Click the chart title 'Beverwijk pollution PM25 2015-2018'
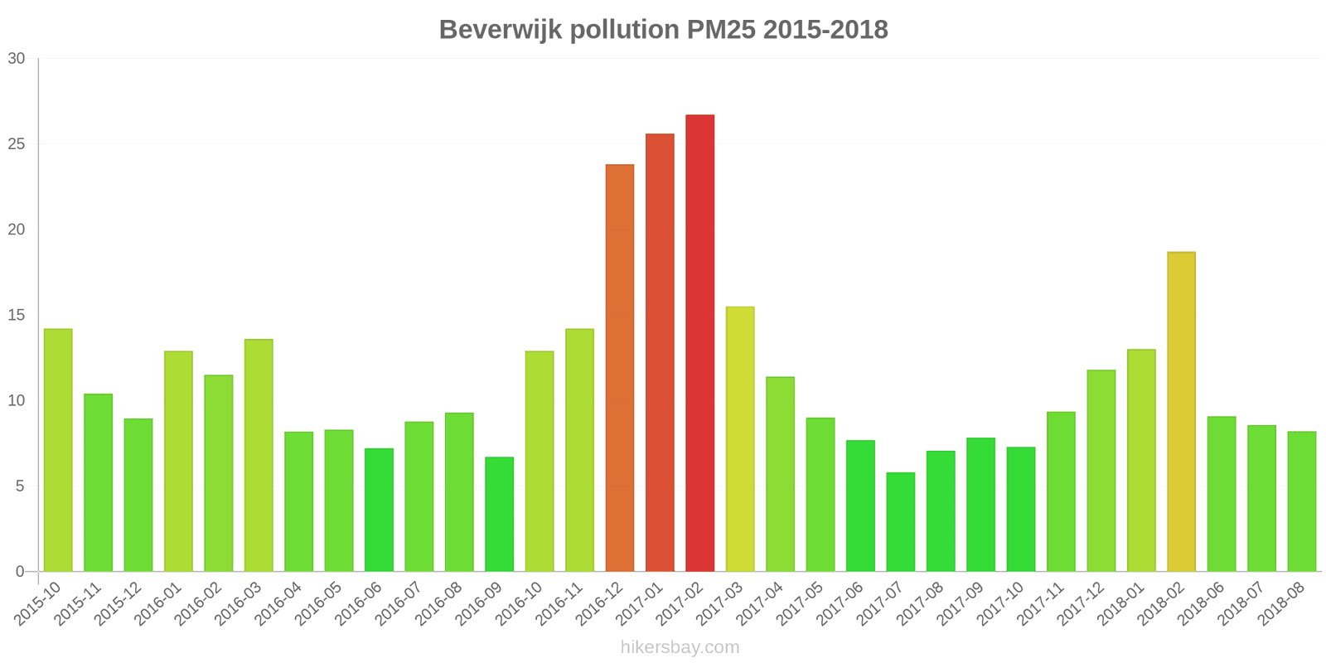point(663,30)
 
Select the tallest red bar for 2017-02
point(699,343)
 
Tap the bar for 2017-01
point(660,352)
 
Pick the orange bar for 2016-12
point(620,368)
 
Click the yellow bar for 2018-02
point(1181,412)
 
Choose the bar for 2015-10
point(58,450)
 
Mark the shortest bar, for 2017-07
point(900,522)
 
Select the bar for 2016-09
point(499,514)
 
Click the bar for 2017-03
point(740,439)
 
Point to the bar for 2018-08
point(1301,501)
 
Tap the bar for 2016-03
point(259,455)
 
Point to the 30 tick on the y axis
point(17,59)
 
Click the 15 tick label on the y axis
point(17,315)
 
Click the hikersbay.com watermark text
point(680,647)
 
